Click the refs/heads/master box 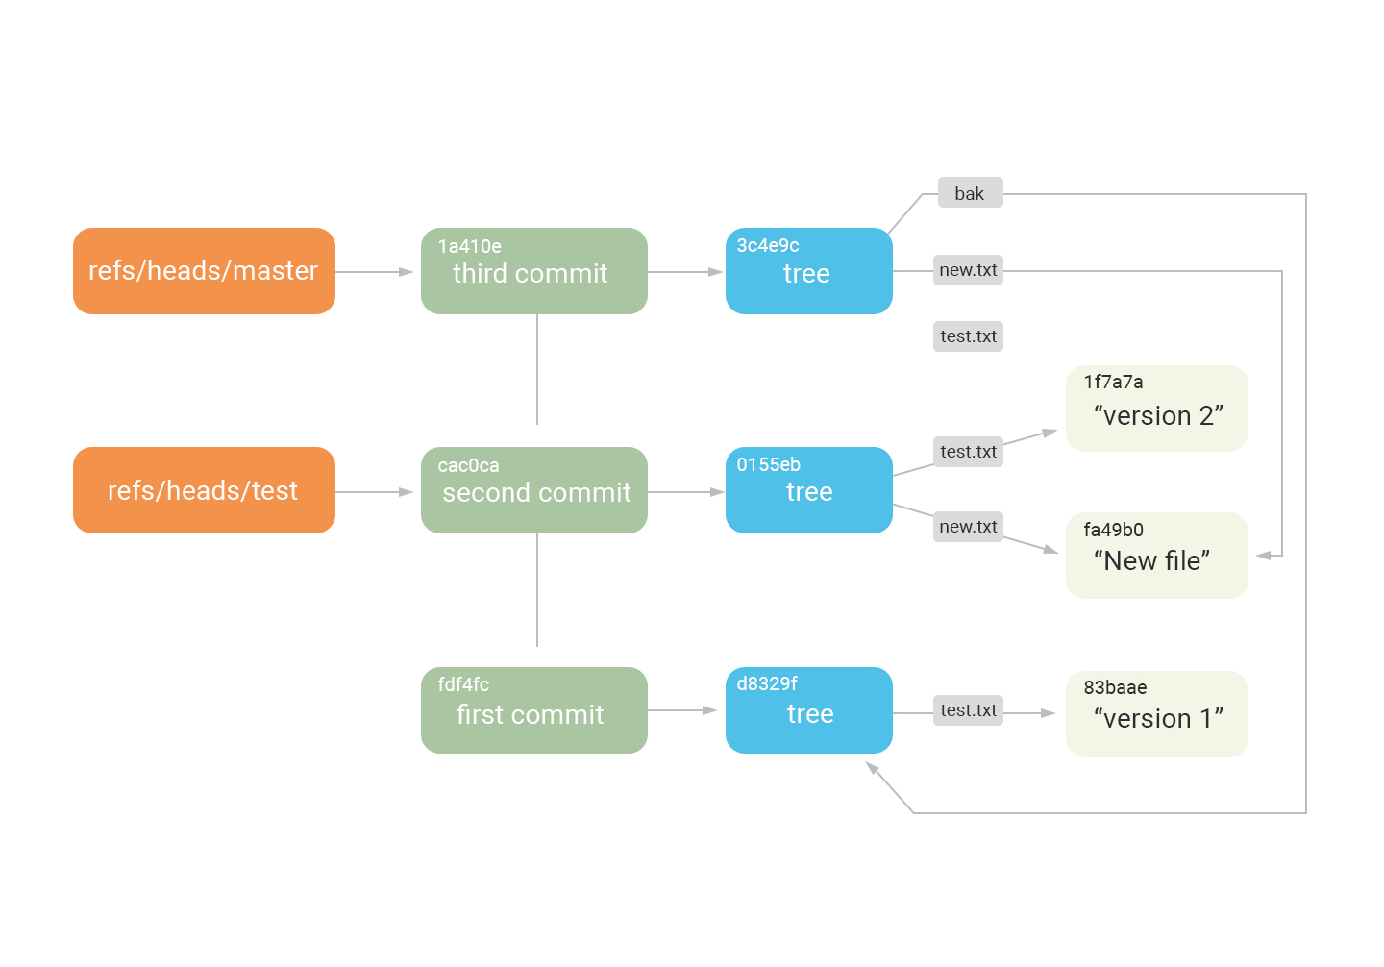click(204, 271)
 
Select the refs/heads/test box click(204, 490)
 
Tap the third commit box click(533, 271)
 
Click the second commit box click(533, 490)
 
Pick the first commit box click(533, 710)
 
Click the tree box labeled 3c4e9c click(808, 271)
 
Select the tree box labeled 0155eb click(808, 490)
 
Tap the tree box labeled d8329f click(808, 710)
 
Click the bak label click(970, 193)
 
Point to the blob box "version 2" click(1156, 409)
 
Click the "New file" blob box click(1156, 556)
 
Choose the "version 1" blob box click(1156, 714)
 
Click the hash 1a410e click(469, 247)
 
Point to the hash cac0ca click(468, 466)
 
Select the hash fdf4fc click(463, 685)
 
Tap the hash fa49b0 click(1113, 531)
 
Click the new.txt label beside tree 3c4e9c click(968, 270)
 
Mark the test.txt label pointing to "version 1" click(968, 710)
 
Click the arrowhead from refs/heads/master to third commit click(407, 272)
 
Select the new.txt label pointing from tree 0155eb click(968, 527)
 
